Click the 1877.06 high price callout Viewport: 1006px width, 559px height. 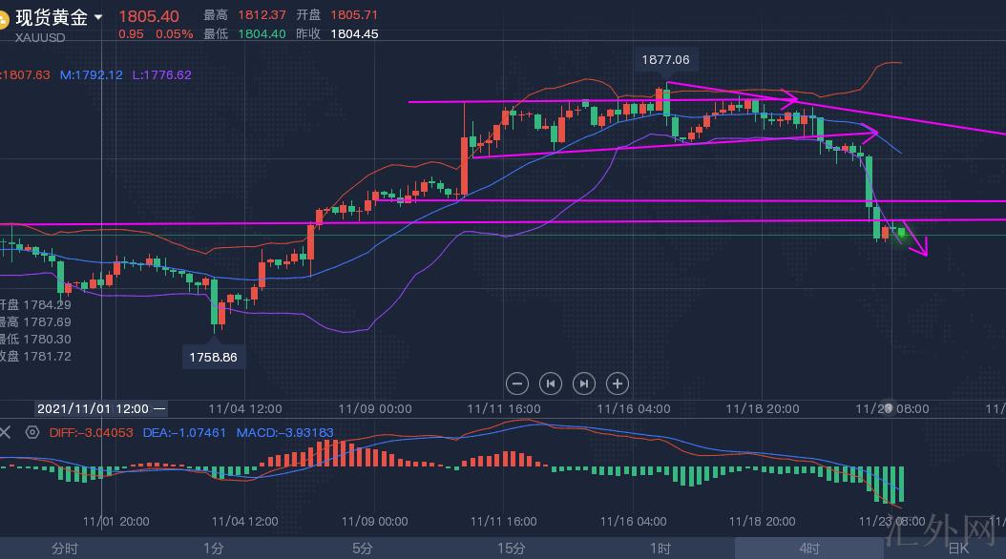coord(665,59)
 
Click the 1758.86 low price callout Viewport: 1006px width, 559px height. coord(213,358)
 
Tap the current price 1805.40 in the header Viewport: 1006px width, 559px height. coord(149,16)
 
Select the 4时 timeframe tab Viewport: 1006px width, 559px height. coord(809,549)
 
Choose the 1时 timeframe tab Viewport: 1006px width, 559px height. coord(660,549)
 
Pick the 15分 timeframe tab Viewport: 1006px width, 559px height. coord(511,549)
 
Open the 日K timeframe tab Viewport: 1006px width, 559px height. coord(957,549)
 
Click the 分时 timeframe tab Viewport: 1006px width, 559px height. coord(65,549)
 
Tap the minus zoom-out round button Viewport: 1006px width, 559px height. coord(517,383)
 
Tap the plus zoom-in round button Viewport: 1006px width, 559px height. coord(618,383)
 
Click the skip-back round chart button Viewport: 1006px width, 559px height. coord(551,383)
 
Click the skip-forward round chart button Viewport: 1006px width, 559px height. coord(584,383)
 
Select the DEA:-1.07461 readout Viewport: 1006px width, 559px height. coord(184,432)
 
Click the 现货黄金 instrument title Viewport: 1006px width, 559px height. coord(52,17)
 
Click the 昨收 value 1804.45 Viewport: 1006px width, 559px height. coord(354,33)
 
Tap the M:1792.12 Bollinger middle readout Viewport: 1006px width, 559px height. coord(92,74)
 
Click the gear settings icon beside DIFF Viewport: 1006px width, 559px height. coord(31,432)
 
